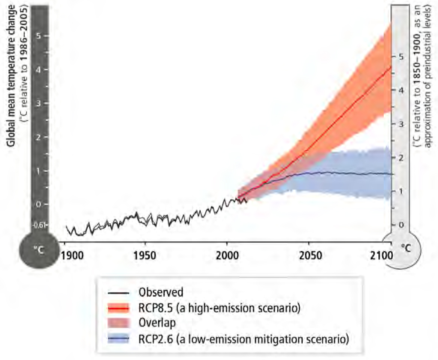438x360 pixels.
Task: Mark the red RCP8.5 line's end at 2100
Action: (x=391, y=67)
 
